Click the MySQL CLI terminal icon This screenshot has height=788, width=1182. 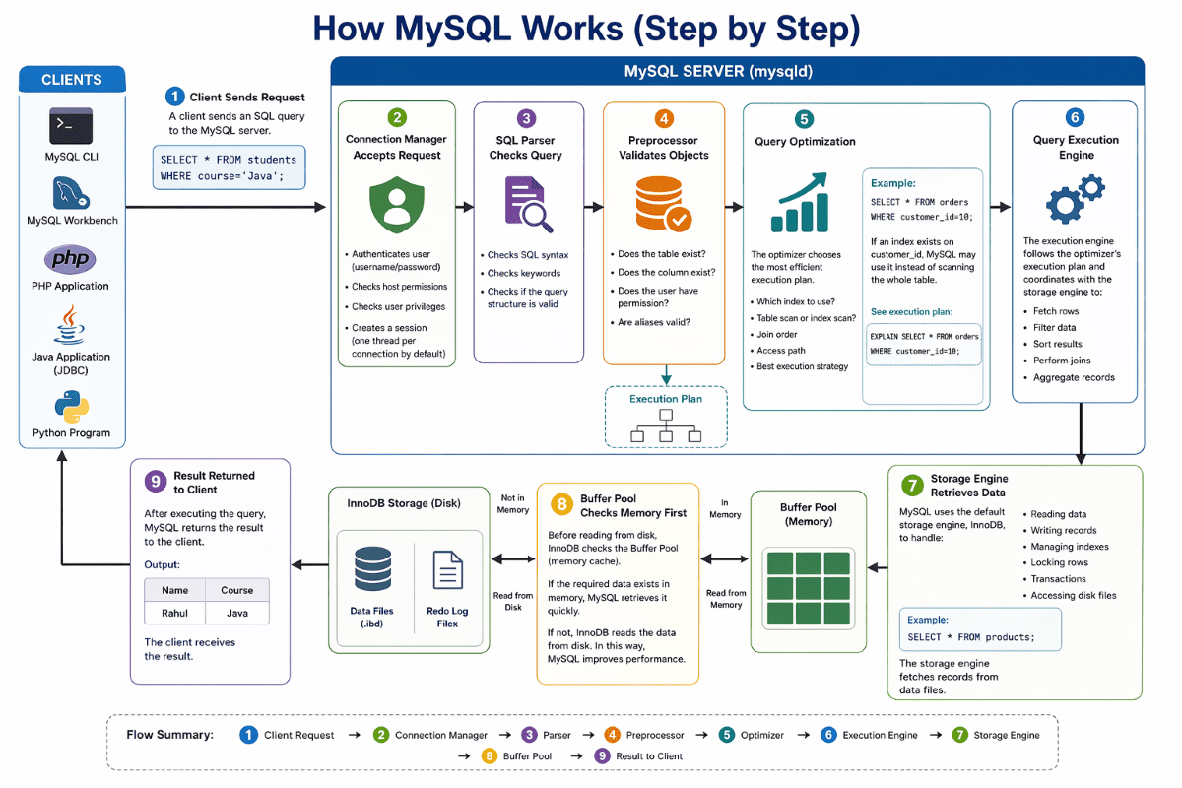pos(71,126)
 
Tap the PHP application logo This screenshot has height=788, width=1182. pos(71,260)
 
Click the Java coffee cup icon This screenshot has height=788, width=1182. pos(71,327)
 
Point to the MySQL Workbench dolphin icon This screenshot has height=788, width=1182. pos(71,192)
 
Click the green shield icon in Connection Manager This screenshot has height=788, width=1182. pos(396,205)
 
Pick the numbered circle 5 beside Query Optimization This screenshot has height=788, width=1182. pos(804,119)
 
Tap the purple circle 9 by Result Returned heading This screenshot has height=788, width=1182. pos(155,482)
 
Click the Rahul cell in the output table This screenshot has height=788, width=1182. pos(174,613)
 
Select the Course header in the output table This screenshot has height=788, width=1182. pos(236,590)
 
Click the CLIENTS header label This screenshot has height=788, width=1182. pos(71,80)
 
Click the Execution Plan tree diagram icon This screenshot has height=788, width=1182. pos(665,427)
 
